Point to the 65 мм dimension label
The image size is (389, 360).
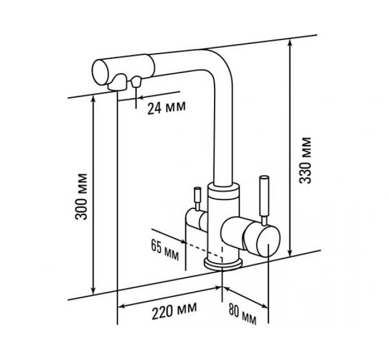point(163,249)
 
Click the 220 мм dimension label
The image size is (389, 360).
point(169,312)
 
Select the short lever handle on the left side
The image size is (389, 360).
point(195,197)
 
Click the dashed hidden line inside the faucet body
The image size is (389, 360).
point(203,248)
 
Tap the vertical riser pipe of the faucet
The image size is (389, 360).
point(222,131)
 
